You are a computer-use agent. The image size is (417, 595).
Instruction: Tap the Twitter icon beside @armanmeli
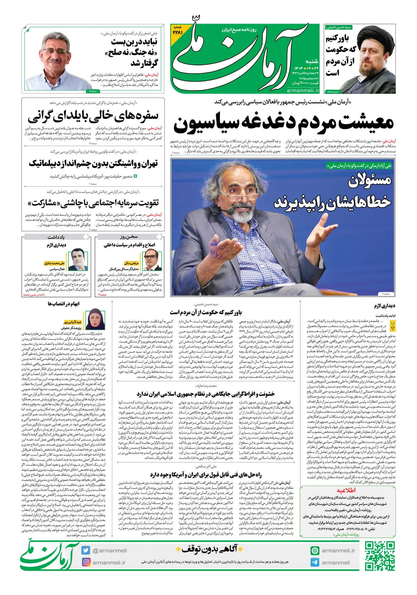coord(86,550)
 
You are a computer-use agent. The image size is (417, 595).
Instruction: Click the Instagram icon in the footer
coord(86,562)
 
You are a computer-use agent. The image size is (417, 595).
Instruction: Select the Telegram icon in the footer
coord(315,562)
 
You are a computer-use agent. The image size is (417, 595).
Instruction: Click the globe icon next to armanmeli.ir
coord(315,551)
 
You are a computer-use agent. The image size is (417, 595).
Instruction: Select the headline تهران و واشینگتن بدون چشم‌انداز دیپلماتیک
coord(93,163)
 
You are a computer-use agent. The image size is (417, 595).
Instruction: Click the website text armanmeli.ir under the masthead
coord(303,91)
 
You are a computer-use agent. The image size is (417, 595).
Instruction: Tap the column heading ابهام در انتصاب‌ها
coord(64,304)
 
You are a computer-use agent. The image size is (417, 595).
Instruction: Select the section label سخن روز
coord(129,237)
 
